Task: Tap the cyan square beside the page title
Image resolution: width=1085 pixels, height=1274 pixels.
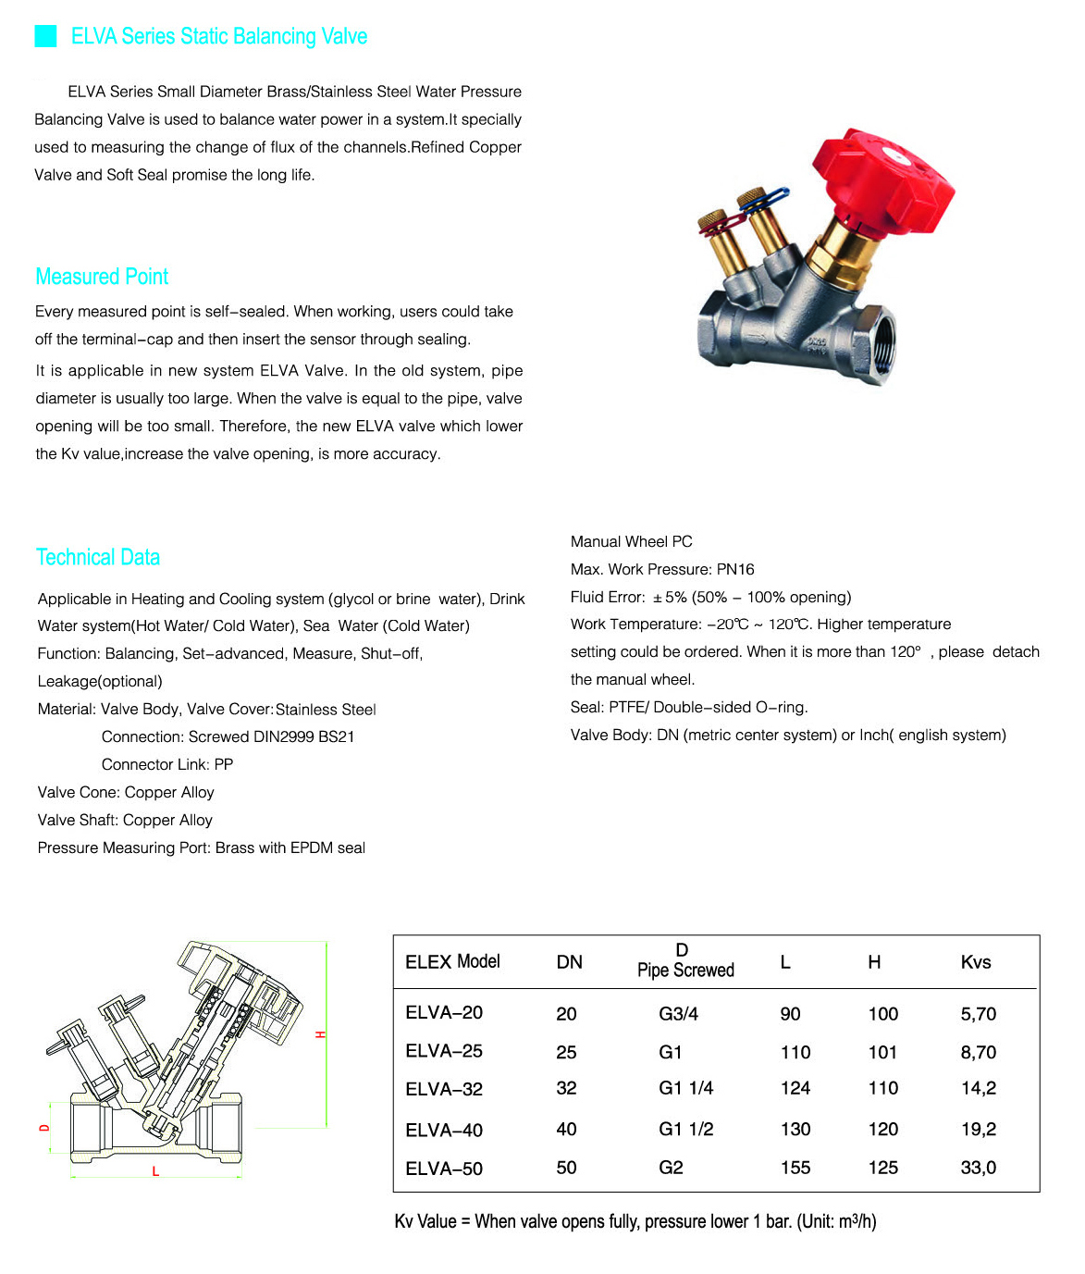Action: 45,36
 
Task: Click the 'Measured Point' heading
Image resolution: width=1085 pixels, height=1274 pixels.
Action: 102,277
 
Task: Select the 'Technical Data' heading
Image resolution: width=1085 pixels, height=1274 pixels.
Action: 98,557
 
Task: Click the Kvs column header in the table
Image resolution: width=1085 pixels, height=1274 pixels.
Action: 975,962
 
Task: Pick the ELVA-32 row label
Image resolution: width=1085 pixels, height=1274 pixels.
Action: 444,1089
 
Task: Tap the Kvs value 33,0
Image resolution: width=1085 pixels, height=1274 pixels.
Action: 978,1168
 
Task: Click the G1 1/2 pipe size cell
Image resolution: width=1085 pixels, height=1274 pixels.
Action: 685,1129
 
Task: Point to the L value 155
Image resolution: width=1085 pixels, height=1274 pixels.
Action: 795,1168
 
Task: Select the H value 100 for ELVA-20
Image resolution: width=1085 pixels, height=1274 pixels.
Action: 882,1014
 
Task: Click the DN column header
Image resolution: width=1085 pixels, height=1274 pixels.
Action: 569,962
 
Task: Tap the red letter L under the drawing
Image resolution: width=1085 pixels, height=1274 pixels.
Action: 155,1171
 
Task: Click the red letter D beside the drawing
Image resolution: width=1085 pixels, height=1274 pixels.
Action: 44,1128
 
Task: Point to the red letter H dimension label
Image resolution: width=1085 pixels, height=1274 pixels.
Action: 321,1034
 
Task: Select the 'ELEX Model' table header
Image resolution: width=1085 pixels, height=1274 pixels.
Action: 452,961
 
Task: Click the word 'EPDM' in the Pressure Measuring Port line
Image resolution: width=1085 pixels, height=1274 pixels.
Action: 312,847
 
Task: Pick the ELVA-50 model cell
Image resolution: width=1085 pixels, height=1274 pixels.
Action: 444,1169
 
